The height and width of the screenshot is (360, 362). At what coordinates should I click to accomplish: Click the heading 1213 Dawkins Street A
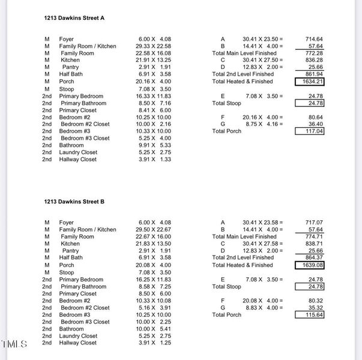pos(74,18)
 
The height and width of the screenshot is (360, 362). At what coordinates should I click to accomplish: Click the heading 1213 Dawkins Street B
pos(74,202)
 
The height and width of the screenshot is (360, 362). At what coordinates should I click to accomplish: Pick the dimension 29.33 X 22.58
pos(153,46)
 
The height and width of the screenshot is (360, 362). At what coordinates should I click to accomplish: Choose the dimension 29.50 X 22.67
pos(153,230)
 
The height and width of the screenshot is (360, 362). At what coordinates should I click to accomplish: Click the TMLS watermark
pos(14,344)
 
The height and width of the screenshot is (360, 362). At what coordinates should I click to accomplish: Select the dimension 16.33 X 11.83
pos(154,96)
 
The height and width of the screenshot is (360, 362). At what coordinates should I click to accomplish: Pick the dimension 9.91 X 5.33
pos(154,145)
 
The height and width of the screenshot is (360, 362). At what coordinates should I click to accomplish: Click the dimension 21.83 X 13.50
pos(153,244)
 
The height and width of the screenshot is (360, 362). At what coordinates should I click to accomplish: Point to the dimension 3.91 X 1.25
pos(155,343)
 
